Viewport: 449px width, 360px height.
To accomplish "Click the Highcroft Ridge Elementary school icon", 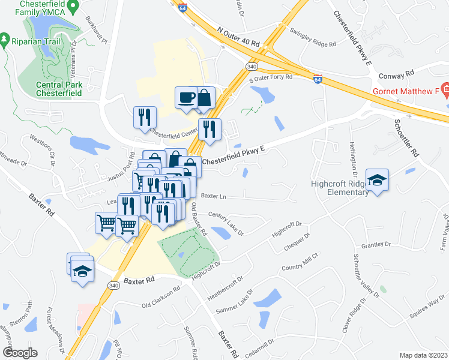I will tap(377, 179).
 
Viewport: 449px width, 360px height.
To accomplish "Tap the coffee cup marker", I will tap(186, 97).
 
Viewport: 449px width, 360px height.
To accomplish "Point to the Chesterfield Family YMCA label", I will tap(37, 8).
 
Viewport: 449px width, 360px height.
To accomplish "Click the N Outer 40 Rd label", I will tap(238, 36).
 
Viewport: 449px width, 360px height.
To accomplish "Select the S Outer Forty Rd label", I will tap(271, 77).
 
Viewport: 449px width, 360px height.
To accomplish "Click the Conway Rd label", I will tap(397, 75).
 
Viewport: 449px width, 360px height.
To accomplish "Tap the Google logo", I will tap(20, 352).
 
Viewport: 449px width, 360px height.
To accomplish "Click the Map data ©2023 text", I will tap(423, 355).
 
